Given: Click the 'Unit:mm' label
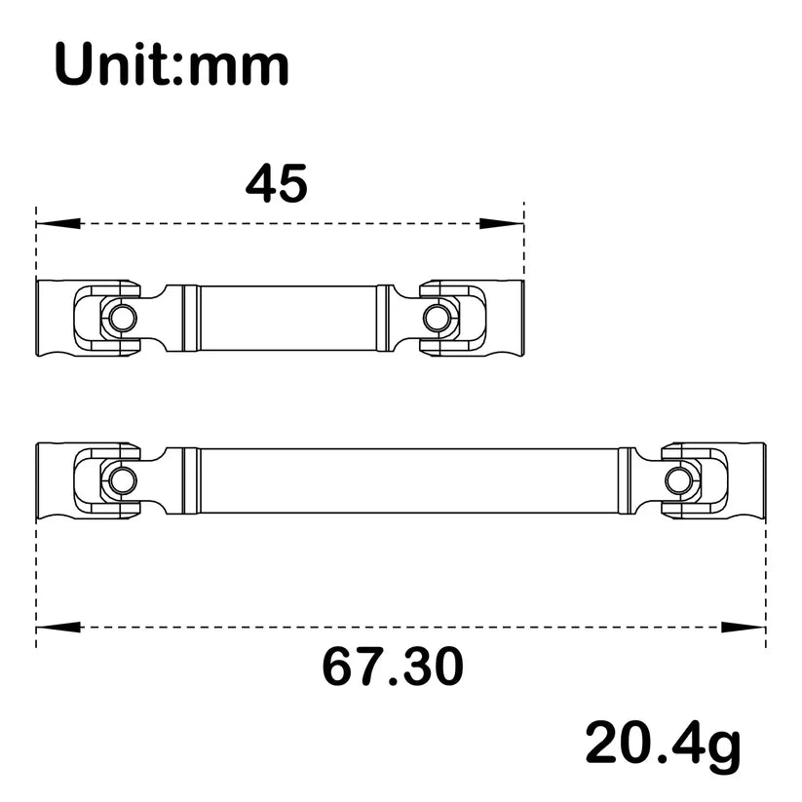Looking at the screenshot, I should point(172,65).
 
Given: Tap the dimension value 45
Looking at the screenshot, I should point(277,183).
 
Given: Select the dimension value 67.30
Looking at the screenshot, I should point(392,668).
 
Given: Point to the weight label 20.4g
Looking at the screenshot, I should point(663,745).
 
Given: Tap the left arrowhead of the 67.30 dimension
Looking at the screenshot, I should point(57,626).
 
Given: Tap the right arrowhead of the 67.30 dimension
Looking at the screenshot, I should point(745,626).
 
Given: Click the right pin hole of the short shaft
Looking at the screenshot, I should point(437,318).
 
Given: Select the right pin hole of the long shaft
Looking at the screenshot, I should point(678,479).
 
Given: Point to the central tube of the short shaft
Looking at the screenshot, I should point(288,318).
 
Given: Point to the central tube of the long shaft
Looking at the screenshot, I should point(409,479).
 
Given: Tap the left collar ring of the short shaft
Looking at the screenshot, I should point(191,318).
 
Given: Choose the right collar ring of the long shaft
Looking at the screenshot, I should point(625,479).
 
